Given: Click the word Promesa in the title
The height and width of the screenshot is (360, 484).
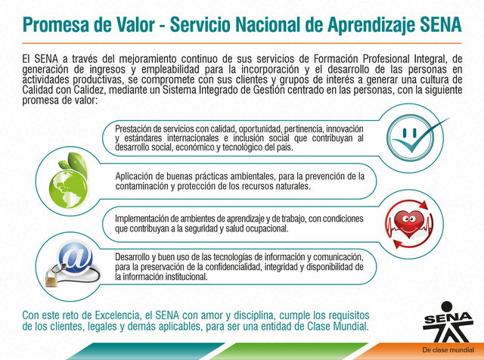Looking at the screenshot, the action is [56, 25].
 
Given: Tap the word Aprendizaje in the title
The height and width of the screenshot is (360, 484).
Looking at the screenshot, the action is [371, 25].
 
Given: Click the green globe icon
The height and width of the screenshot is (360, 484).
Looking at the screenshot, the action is [68, 189].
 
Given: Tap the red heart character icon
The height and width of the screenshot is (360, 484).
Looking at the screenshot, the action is [409, 224].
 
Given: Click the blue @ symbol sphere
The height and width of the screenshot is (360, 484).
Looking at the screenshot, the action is [75, 257].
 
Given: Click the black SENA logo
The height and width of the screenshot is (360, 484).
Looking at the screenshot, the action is [447, 321].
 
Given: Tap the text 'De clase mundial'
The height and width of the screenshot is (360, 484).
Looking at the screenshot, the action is [448, 350].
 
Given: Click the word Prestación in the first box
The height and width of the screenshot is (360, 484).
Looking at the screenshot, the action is [133, 129].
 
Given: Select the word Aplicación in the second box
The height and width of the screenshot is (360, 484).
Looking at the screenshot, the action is [135, 177].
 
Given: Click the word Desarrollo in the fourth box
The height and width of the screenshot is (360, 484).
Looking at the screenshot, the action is [132, 257].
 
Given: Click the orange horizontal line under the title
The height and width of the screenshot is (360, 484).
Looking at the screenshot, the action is [242, 43].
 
